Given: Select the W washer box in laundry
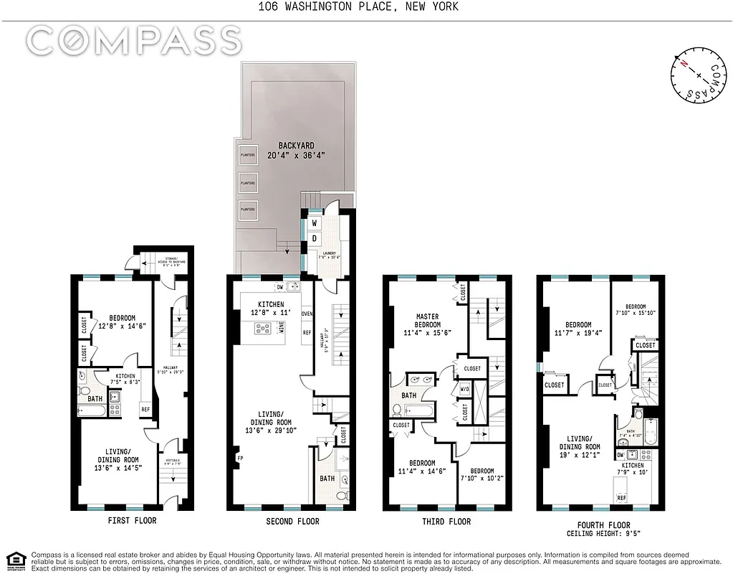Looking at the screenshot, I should coord(314,223).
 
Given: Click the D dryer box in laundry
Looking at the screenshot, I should coord(314,238).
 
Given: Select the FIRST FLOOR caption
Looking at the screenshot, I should coord(131,520).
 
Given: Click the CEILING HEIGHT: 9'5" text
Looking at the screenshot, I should coord(602,534).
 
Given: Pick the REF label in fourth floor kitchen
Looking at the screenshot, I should coord(622,497).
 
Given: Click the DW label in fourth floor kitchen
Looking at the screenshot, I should coord(621,455).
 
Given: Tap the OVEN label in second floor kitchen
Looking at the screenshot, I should coord(307,314).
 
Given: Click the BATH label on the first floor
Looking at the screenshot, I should coord(95,399).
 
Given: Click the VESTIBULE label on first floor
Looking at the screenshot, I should coord(173,461).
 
